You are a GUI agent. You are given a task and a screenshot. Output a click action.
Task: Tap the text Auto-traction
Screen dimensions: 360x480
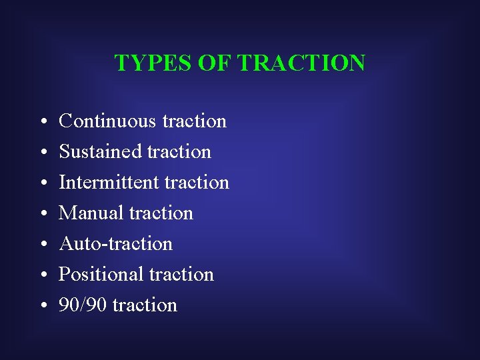[116, 244]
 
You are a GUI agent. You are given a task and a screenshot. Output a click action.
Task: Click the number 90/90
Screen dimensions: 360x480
[83, 305]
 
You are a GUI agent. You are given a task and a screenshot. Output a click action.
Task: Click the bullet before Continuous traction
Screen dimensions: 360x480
[42, 122]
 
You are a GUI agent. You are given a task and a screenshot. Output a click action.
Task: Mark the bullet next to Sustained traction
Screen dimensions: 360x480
[42, 153]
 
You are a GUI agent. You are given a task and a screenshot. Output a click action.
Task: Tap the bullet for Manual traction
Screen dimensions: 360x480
[42, 214]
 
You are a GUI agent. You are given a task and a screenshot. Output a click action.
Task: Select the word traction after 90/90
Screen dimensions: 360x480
[145, 305]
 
